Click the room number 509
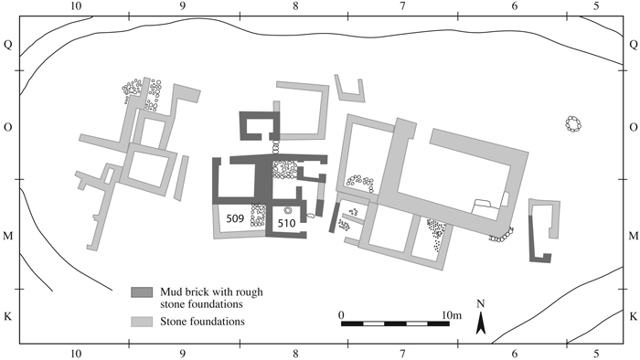[235, 218]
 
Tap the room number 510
[286, 223]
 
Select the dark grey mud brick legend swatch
[142, 291]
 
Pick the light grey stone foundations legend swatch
[142, 322]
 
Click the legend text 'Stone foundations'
[202, 322]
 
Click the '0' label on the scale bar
[341, 315]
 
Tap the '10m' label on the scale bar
[452, 315]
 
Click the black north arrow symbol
[481, 323]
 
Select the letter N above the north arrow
[481, 303]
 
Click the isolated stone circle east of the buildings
[573, 124]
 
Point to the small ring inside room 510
[287, 210]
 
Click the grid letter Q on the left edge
[7, 44]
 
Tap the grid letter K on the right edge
[633, 316]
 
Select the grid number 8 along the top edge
[295, 6]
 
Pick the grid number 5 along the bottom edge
[597, 353]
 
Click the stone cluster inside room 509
[258, 215]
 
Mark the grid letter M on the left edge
[7, 236]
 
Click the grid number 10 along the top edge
[76, 6]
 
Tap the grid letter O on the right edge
[633, 127]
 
